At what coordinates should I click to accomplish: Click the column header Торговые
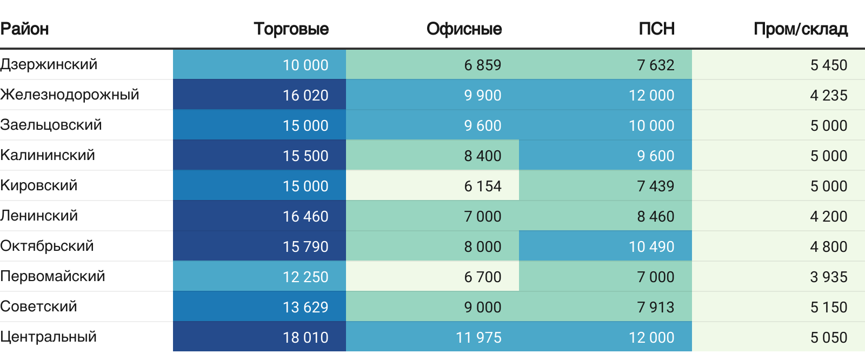point(291,29)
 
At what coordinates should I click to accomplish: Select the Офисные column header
point(464,29)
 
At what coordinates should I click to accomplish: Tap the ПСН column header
point(656,29)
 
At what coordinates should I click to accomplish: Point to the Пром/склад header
point(800,29)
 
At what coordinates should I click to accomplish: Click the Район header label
point(25,29)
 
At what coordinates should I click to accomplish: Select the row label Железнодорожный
point(70,95)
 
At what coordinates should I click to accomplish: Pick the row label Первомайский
point(52,276)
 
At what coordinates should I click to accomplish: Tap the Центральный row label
point(49,337)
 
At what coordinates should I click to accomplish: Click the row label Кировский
point(39,185)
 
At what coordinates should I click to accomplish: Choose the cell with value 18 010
point(305,337)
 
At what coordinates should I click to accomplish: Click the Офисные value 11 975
point(478,337)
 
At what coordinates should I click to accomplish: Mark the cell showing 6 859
point(482,65)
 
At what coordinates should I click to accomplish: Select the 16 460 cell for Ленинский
point(305,216)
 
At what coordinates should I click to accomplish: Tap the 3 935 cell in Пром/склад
point(828,277)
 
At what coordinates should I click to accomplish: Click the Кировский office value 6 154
point(482,186)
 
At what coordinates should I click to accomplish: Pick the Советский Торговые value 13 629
point(305,307)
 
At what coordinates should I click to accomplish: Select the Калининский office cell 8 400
point(482,156)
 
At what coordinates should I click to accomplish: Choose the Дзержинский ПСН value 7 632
point(655,65)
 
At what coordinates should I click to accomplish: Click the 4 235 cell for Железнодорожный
point(828,95)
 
